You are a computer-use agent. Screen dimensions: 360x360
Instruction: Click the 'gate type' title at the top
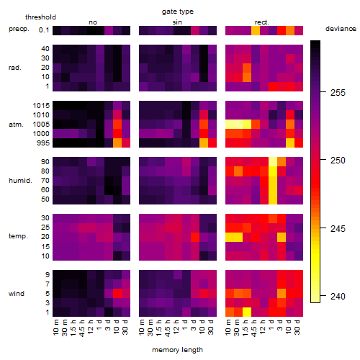pos(178,12)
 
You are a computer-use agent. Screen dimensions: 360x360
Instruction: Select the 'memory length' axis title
pos(177,350)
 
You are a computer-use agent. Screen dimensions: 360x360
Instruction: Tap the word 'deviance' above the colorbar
pos(341,29)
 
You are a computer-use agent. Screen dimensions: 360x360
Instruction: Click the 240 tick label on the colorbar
pos(338,297)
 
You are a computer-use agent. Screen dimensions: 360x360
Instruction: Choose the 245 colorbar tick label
pos(338,228)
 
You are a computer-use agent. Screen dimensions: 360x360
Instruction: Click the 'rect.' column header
pos(262,22)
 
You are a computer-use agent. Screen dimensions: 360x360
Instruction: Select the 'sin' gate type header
pos(177,22)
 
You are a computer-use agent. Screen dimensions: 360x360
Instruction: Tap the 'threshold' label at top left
pos(40,17)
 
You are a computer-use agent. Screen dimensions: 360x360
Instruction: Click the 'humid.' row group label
pos(20,181)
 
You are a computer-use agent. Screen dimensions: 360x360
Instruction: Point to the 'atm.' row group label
pos(16,125)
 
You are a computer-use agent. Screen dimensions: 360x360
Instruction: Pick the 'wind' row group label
pos(17,294)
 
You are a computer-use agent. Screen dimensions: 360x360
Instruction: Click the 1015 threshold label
pos(41,106)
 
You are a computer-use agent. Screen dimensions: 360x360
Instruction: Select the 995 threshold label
pos(43,143)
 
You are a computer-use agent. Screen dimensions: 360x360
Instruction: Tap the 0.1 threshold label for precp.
pos(44,30)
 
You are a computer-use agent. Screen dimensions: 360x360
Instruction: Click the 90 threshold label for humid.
pos(45,162)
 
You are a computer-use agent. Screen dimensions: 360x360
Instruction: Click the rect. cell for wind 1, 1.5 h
pos(247,312)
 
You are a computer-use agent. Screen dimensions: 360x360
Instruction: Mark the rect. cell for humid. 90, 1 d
pos(273,162)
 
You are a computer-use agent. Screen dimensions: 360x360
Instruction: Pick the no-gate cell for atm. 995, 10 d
pos(117,143)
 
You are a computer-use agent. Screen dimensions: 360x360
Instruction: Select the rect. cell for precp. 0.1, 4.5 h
pos(256,30)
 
